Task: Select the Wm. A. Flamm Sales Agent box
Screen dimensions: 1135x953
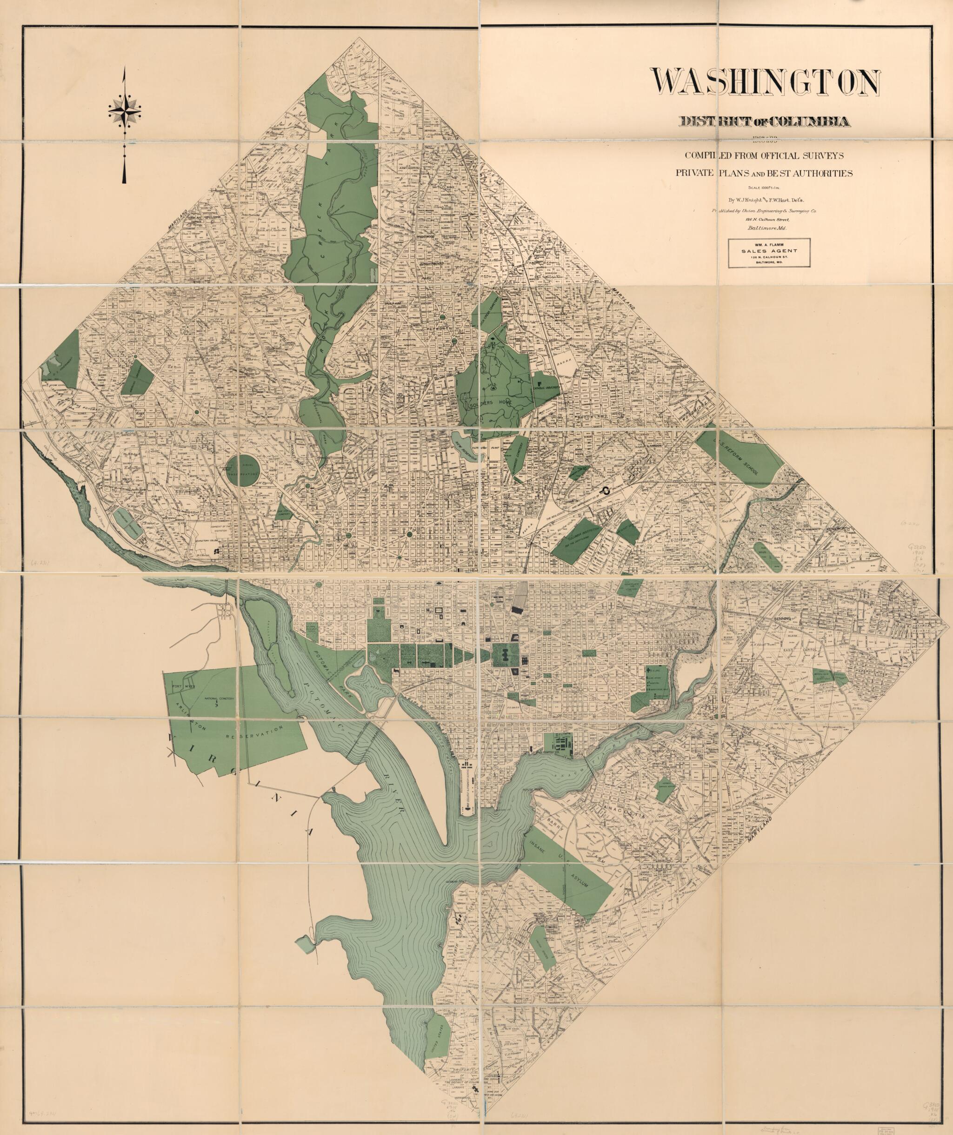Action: pyautogui.click(x=769, y=252)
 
